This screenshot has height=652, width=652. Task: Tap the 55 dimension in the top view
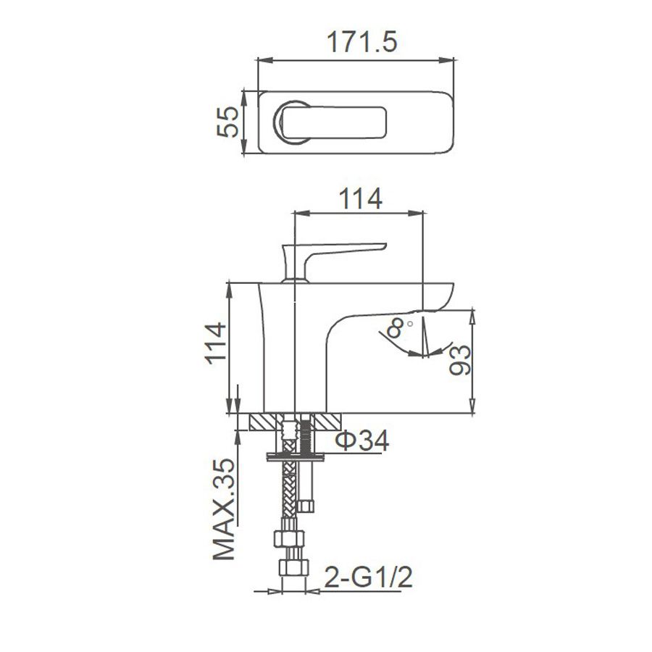click(228, 122)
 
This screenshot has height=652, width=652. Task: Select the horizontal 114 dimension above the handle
click(361, 198)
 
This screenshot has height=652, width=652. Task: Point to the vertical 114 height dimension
click(217, 343)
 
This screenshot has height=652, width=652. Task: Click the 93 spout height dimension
click(460, 360)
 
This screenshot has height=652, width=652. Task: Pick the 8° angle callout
click(398, 327)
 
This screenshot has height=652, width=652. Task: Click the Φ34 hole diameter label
click(361, 440)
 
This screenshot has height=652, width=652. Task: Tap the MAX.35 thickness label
click(224, 509)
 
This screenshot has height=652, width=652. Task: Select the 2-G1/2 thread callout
click(369, 577)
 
